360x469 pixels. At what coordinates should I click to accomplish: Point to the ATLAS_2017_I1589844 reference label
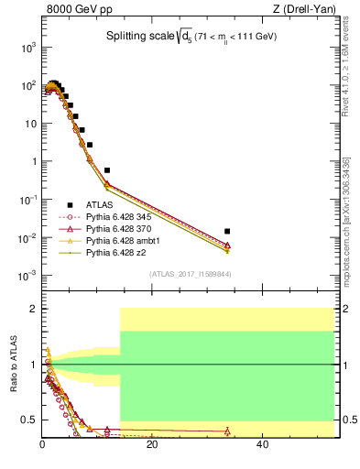click(x=190, y=274)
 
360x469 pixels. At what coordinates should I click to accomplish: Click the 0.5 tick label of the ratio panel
click(x=28, y=420)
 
